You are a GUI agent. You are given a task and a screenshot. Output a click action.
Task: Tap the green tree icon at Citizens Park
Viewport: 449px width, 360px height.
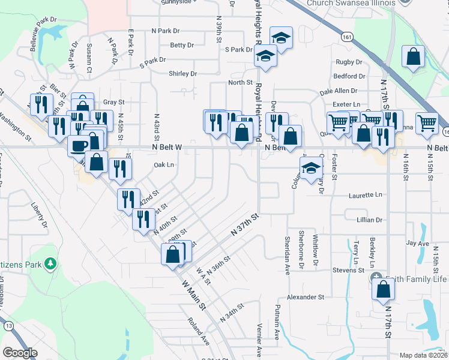[52, 262]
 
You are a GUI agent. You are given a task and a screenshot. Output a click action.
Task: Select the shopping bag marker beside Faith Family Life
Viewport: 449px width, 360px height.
[383, 289]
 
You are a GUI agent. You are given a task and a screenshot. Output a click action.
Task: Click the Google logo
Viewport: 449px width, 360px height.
[20, 353]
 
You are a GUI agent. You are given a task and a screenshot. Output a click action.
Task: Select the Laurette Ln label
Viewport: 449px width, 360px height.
[365, 195]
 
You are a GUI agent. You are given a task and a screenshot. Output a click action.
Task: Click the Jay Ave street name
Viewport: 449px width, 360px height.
[417, 244]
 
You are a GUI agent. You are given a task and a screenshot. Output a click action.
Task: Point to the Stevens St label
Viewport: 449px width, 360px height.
[348, 270]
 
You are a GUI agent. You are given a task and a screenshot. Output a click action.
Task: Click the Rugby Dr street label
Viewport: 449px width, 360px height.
[349, 62]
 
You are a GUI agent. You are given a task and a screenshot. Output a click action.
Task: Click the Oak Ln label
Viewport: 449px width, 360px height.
[163, 165]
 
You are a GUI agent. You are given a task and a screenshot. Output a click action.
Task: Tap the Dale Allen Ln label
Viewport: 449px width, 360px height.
[339, 91]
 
